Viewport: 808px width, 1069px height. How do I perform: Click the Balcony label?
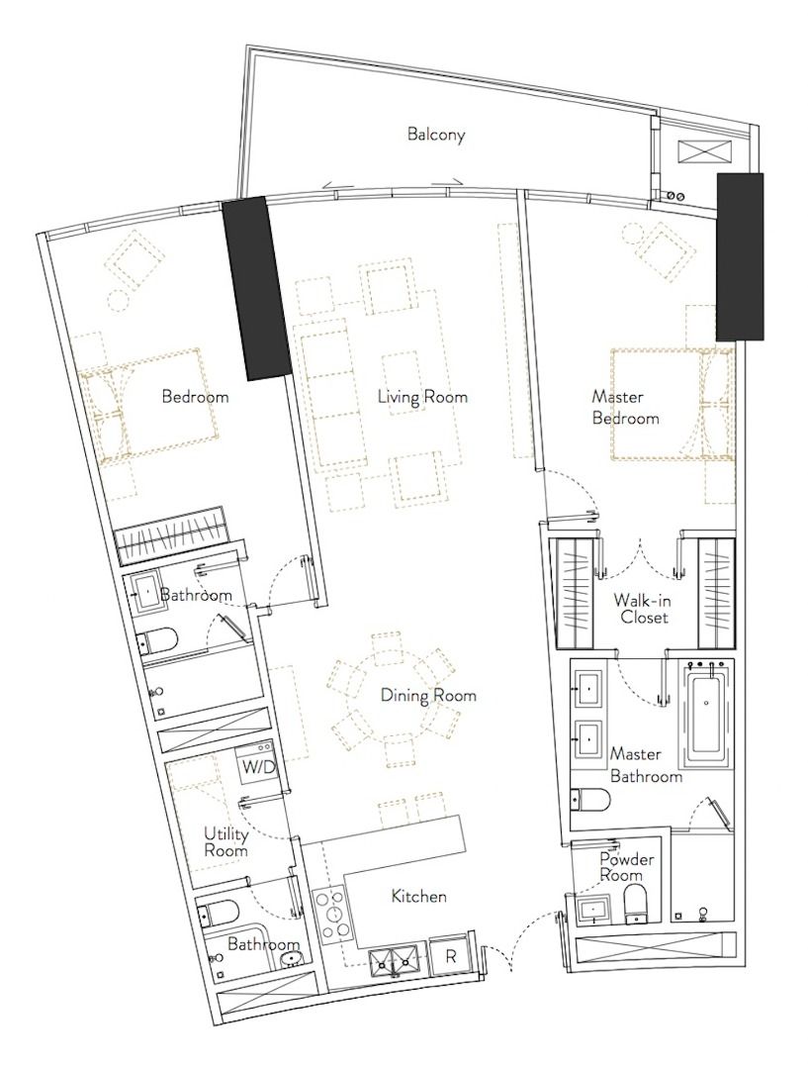click(x=436, y=134)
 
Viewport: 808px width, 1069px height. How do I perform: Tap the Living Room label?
click(x=422, y=397)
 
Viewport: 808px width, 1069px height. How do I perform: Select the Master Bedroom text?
click(x=625, y=407)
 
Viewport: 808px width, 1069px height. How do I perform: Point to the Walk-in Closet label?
click(x=641, y=609)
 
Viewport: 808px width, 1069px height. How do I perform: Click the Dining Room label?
click(x=428, y=696)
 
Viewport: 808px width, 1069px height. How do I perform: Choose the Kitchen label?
click(x=419, y=896)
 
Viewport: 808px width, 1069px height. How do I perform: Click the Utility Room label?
click(x=226, y=842)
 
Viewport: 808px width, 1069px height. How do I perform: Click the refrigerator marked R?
click(x=450, y=957)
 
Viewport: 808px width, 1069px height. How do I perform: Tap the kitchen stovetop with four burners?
click(x=332, y=915)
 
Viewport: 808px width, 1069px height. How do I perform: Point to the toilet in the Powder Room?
click(x=637, y=904)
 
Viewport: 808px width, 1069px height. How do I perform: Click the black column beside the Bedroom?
click(x=257, y=287)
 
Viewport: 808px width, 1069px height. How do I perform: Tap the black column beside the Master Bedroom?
click(x=739, y=256)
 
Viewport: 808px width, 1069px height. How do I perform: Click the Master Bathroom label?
click(x=645, y=765)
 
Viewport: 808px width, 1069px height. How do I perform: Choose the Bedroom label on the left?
click(x=195, y=396)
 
